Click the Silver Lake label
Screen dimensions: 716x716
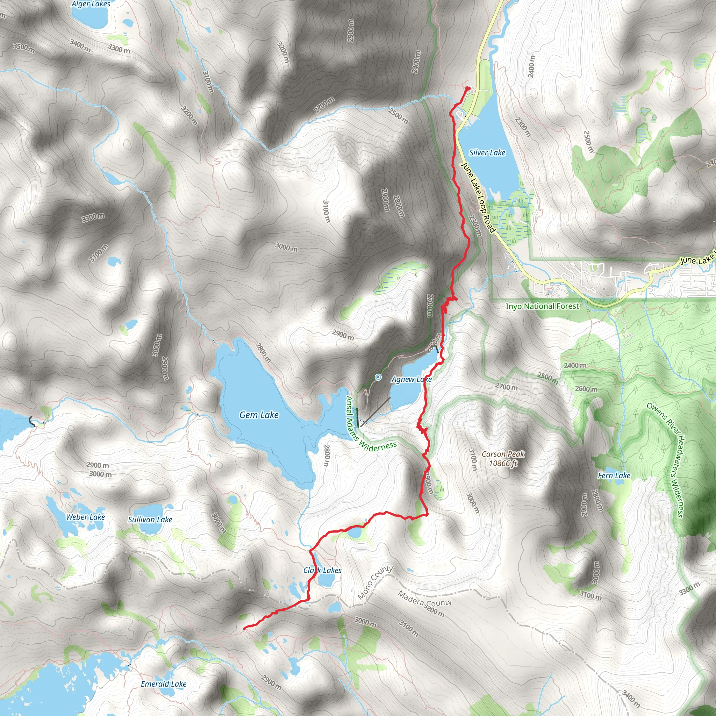(x=487, y=153)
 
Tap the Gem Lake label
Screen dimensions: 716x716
(x=259, y=415)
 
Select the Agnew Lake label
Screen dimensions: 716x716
(x=411, y=379)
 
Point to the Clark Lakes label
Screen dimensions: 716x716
(x=322, y=570)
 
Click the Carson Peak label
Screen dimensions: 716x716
(x=503, y=454)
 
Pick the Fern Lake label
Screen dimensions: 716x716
(x=614, y=475)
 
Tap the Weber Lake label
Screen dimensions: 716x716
(x=85, y=517)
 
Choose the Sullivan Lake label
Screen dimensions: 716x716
(x=150, y=520)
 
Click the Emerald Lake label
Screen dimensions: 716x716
(x=163, y=684)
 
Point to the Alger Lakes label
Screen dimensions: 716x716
(x=91, y=4)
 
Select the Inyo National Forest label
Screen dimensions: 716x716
(x=542, y=306)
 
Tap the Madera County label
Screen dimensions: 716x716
(x=424, y=599)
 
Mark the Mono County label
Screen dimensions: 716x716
(x=375, y=582)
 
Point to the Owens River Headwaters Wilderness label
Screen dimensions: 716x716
(x=667, y=459)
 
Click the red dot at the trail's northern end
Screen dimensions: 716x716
(x=468, y=88)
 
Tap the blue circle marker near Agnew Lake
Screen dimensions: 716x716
(x=378, y=377)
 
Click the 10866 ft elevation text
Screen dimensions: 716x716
(x=503, y=463)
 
